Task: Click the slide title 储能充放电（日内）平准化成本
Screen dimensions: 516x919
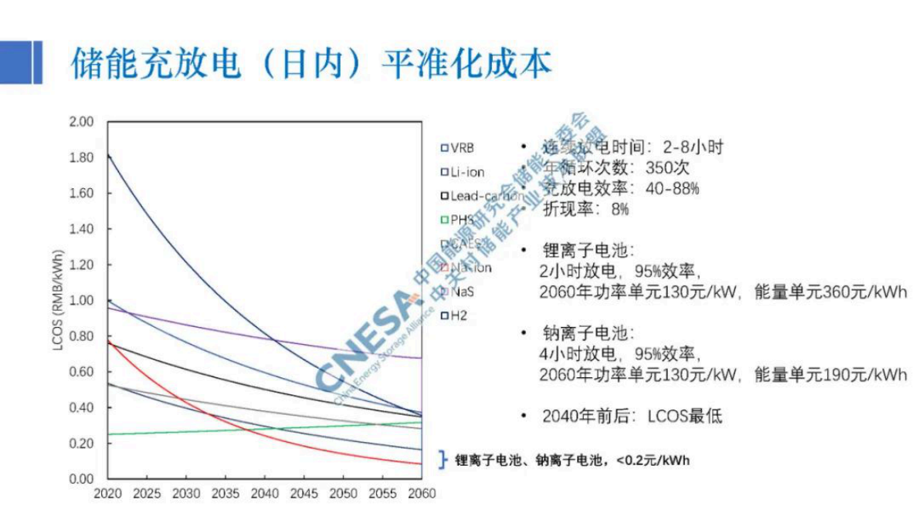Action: (x=311, y=62)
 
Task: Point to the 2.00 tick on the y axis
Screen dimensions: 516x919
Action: (x=81, y=122)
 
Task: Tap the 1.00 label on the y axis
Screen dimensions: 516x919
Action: (x=81, y=301)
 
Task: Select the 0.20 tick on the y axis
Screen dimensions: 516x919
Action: (x=81, y=443)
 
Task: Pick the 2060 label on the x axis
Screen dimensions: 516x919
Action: (x=422, y=494)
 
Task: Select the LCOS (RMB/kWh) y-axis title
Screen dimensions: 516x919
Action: (x=59, y=301)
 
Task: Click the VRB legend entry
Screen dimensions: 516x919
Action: (x=457, y=148)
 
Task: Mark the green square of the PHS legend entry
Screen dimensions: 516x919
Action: (x=444, y=220)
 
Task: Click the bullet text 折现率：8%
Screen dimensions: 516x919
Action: (x=586, y=209)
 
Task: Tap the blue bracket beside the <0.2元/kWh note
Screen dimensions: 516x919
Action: (x=443, y=460)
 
